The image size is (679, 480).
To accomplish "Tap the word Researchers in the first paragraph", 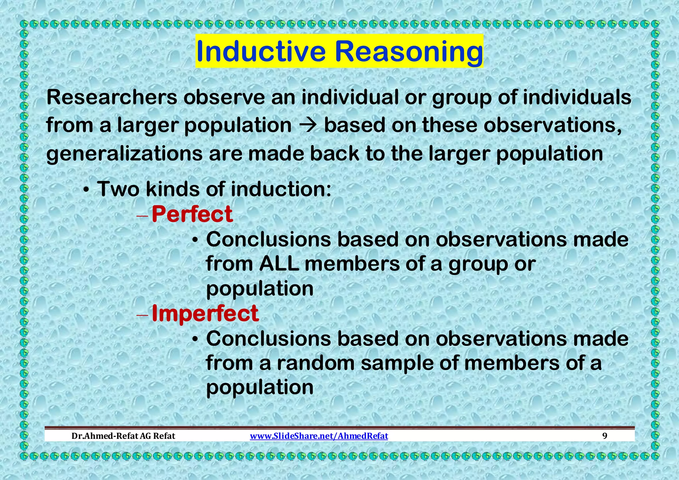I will point(112,97).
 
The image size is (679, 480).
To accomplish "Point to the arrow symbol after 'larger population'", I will point(307,125).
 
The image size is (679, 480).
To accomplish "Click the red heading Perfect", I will point(192,214).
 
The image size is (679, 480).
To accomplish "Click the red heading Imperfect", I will point(205,314).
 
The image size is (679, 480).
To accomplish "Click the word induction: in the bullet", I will point(281,189).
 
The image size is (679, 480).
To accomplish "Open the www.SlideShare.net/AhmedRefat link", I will point(319,436).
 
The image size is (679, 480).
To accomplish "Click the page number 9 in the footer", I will point(605,436).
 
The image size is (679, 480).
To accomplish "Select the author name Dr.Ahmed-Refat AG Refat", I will point(123,436).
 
